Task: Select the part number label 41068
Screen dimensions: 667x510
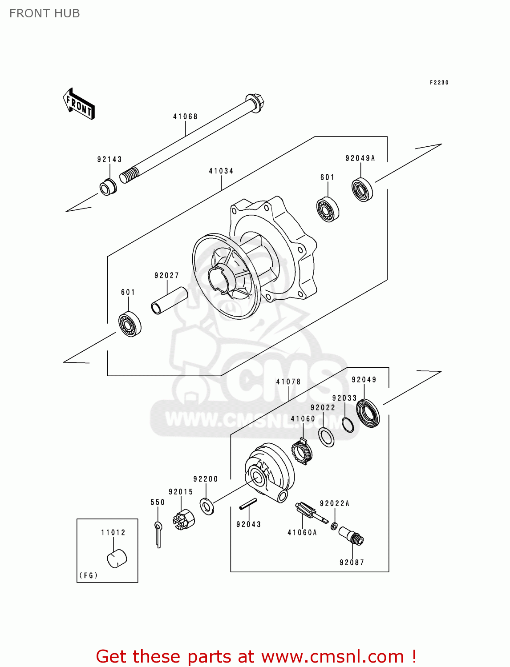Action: click(x=185, y=117)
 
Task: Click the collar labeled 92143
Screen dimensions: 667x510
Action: click(x=108, y=187)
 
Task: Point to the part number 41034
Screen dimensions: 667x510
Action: click(x=221, y=171)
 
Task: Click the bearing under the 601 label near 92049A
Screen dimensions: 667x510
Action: click(x=328, y=209)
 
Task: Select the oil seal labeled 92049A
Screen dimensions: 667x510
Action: click(x=362, y=190)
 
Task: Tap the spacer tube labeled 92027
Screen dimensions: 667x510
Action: click(x=169, y=301)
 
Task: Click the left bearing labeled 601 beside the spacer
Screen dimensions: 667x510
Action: click(x=130, y=325)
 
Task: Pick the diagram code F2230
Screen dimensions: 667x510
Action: click(x=439, y=82)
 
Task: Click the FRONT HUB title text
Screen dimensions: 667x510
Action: click(x=45, y=13)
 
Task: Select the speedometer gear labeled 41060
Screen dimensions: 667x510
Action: click(x=302, y=451)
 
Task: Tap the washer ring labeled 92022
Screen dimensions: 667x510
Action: click(x=327, y=437)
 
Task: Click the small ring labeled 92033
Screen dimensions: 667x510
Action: click(x=348, y=425)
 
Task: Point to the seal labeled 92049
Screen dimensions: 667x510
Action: click(x=368, y=414)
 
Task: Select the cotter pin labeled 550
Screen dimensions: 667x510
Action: click(x=158, y=534)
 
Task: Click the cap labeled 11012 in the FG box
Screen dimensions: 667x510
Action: click(x=117, y=559)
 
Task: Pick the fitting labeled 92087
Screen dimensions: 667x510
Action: click(x=352, y=535)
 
